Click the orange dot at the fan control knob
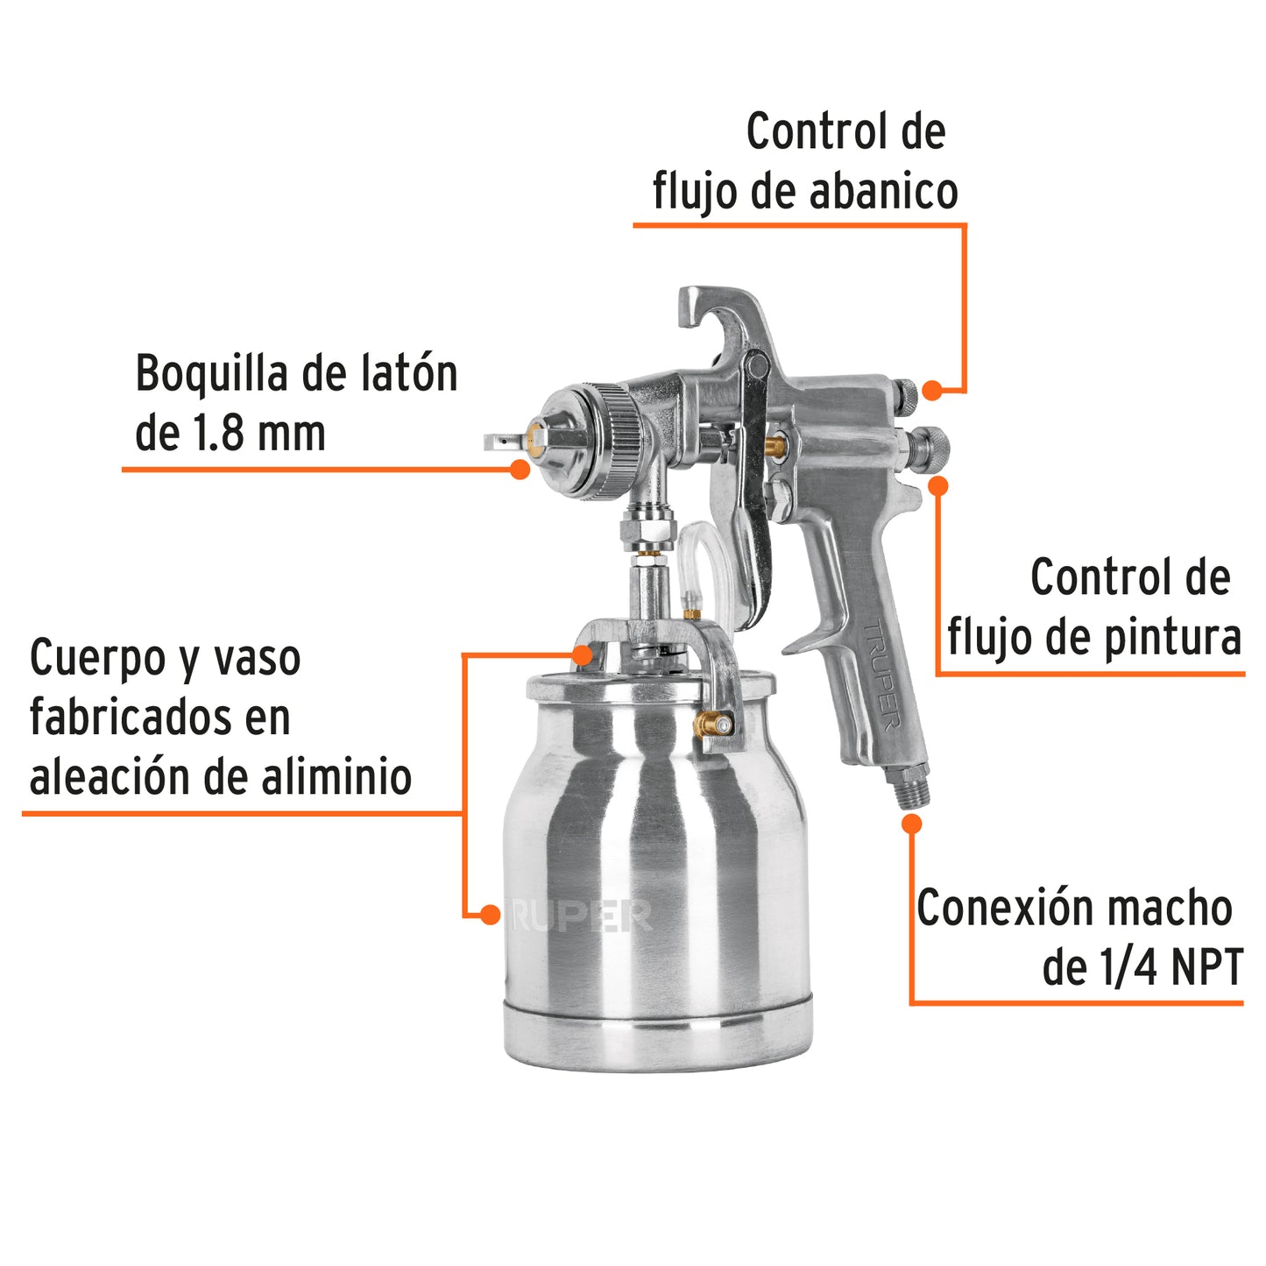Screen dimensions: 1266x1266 click(932, 391)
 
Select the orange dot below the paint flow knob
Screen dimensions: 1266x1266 click(938, 485)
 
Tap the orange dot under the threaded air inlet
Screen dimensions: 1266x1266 click(912, 824)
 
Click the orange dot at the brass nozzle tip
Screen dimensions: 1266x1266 click(520, 470)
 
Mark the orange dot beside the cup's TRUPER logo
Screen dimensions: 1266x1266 click(491, 915)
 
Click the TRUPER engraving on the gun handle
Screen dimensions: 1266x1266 click(882, 675)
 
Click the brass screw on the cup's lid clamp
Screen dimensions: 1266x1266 click(712, 724)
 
